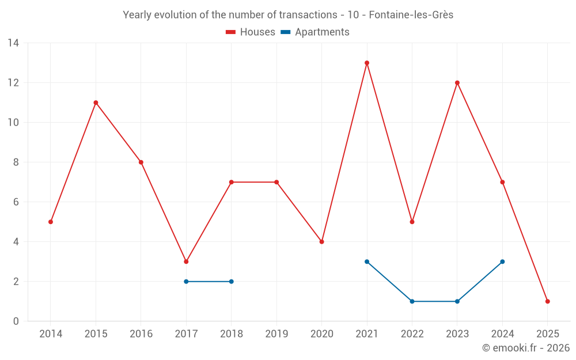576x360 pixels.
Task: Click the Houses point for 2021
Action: (367, 63)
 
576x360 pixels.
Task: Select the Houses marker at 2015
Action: (96, 103)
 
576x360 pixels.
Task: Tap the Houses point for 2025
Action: (548, 301)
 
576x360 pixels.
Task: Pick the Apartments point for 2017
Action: (186, 282)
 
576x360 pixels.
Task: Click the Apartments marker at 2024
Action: (502, 262)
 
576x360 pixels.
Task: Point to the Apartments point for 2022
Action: (412, 301)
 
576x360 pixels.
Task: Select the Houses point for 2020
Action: (321, 242)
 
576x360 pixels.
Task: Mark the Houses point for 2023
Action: (457, 83)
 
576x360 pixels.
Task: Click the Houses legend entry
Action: (251, 32)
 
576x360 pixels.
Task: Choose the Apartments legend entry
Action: (315, 32)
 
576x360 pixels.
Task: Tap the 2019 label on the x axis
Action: (276, 334)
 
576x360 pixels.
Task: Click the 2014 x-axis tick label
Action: (51, 334)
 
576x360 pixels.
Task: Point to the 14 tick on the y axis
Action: (13, 43)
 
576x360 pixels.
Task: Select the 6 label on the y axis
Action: (16, 202)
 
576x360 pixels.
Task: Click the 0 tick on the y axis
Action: (16, 321)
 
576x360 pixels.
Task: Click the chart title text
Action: (288, 15)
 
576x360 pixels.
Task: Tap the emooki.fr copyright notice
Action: (525, 348)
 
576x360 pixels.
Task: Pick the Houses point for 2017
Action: (186, 262)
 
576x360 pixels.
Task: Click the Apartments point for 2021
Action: (367, 262)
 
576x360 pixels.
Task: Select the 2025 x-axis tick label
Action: (548, 334)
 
